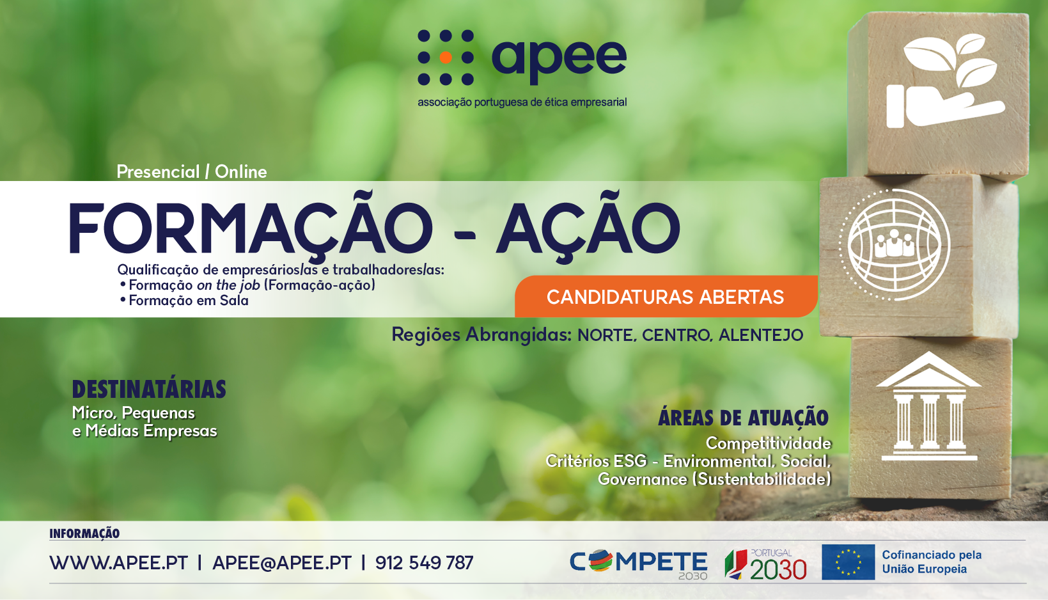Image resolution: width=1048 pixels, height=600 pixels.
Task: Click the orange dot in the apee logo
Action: click(446, 57)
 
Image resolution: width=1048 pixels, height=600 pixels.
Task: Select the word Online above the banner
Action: click(241, 172)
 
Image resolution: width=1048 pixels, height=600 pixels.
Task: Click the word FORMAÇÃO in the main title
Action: click(251, 228)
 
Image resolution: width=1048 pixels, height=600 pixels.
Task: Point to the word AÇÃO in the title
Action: click(588, 228)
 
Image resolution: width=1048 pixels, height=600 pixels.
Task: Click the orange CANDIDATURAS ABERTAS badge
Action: click(666, 297)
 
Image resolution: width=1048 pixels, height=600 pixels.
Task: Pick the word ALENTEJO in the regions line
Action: click(761, 335)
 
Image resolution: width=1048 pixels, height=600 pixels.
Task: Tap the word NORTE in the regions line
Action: click(606, 335)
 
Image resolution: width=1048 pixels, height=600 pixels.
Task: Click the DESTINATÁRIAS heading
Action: click(149, 389)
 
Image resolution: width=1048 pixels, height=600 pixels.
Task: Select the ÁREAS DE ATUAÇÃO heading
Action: click(743, 418)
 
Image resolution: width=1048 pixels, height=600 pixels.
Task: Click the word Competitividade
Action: click(768, 443)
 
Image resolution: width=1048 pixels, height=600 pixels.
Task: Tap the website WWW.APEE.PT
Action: click(118, 562)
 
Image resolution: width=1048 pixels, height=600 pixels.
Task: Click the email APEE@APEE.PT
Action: click(281, 562)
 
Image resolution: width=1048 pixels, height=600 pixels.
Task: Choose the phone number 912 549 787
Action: click(425, 562)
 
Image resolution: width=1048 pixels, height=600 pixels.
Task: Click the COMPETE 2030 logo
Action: click(639, 564)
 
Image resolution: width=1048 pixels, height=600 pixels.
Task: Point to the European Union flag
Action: click(849, 562)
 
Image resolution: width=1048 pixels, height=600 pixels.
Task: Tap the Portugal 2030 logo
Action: click(765, 564)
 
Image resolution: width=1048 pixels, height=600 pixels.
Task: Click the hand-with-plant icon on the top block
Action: click(945, 81)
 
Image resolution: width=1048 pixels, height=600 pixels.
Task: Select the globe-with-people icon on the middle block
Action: click(894, 245)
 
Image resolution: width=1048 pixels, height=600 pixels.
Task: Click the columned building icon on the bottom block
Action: click(929, 406)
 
